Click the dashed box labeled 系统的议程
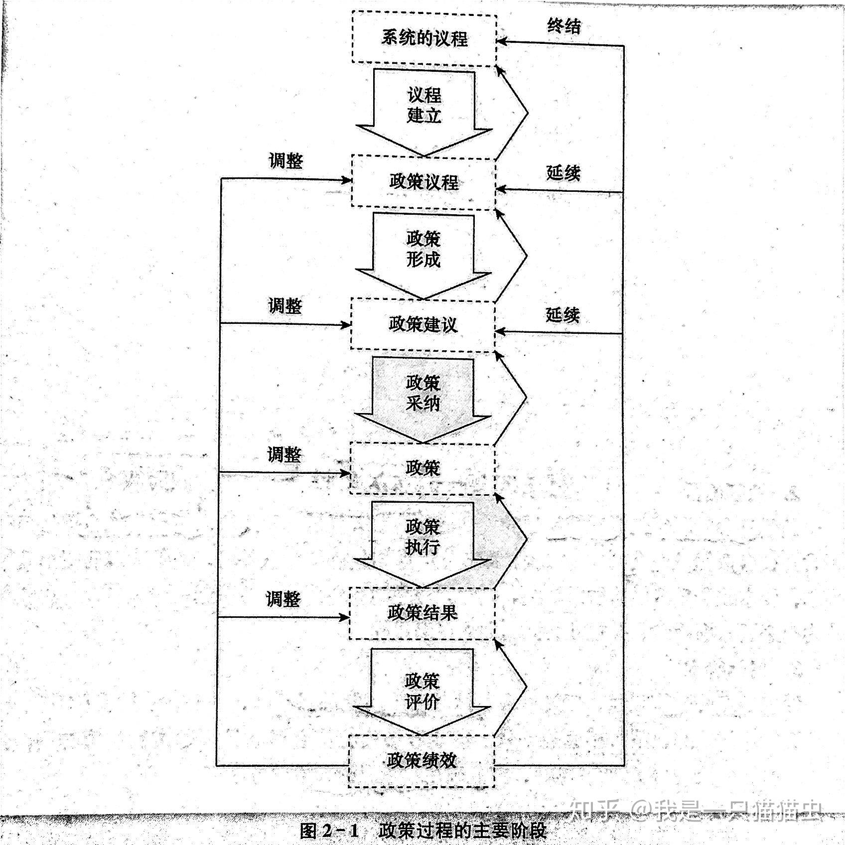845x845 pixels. pyautogui.click(x=424, y=38)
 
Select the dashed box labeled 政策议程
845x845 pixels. pyautogui.click(x=423, y=182)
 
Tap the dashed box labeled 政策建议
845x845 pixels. pyautogui.click(x=423, y=325)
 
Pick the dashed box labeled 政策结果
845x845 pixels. pyautogui.click(x=422, y=613)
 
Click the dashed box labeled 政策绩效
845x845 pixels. pyautogui.click(x=421, y=761)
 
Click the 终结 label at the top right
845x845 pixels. pyautogui.click(x=563, y=26)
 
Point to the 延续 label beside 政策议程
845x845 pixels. pyautogui.click(x=563, y=173)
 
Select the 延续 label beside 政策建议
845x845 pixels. pyautogui.click(x=563, y=315)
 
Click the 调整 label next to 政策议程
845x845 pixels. pyautogui.click(x=285, y=161)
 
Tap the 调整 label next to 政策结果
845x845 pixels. pyautogui.click(x=283, y=598)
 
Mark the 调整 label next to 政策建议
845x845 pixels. pyautogui.click(x=285, y=305)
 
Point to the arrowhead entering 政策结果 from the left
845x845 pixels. pyautogui.click(x=345, y=617)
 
